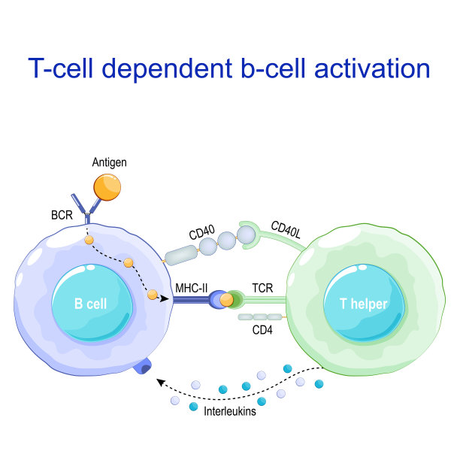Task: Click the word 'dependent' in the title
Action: (x=180, y=68)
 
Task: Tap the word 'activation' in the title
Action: (x=367, y=68)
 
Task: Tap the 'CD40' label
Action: (x=202, y=234)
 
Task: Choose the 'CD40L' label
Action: (x=286, y=228)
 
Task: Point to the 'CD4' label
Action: (x=262, y=328)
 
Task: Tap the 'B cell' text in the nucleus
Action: (x=89, y=305)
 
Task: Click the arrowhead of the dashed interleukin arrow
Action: (x=159, y=382)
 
